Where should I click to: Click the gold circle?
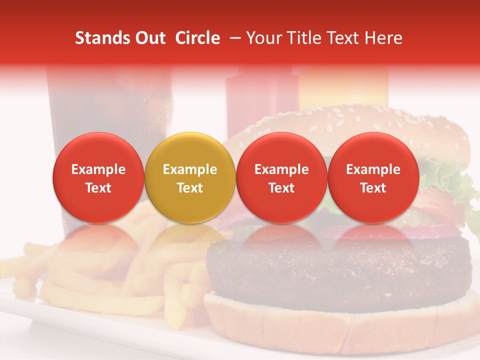click(190, 178)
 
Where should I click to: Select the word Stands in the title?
click(102, 38)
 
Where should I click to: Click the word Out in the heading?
click(150, 38)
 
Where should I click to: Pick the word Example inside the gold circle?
click(190, 169)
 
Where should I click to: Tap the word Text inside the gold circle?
click(190, 188)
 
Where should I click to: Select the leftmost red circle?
click(98, 178)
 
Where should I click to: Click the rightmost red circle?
click(373, 178)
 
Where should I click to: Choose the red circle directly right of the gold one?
click(281, 178)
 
